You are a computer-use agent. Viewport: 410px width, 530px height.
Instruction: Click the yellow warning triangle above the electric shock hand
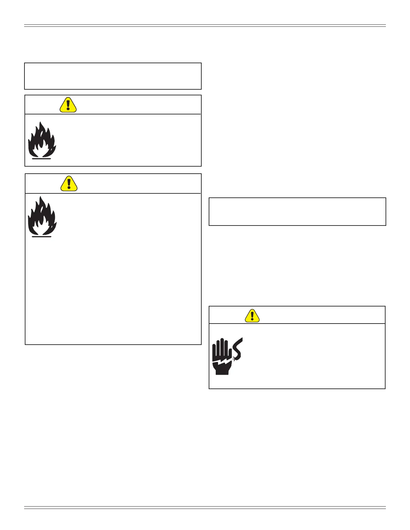(252, 315)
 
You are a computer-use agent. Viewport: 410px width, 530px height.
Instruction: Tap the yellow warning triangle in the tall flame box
(69, 184)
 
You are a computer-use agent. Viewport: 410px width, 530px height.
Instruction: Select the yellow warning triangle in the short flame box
(68, 105)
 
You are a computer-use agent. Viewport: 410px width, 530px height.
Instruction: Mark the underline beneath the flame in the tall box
(42, 237)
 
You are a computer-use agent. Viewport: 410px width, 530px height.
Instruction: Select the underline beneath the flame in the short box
(42, 159)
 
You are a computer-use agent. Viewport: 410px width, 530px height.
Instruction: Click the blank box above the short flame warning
(113, 76)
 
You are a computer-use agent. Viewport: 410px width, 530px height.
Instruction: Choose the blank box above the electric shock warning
(297, 211)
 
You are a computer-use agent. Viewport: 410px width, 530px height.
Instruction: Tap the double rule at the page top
(205, 25)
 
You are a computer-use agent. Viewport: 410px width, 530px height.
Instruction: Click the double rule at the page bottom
(205, 508)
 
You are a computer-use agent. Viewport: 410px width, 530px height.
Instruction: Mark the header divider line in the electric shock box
(297, 324)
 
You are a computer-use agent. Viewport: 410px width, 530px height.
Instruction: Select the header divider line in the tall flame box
(113, 193)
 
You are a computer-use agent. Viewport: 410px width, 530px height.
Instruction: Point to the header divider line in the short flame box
(113, 114)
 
